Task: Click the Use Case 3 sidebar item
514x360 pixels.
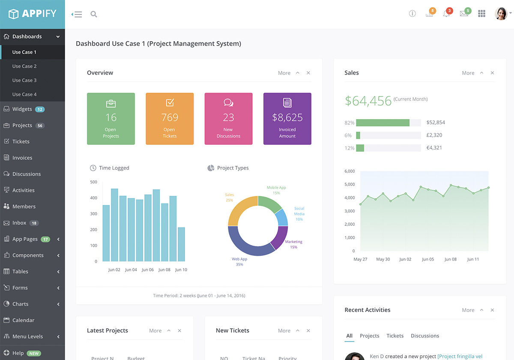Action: point(24,80)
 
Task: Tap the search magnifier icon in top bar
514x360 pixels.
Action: point(94,14)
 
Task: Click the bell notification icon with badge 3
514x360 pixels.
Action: point(446,14)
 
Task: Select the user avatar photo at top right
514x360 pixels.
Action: point(501,14)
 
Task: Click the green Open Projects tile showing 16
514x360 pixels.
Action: point(111,119)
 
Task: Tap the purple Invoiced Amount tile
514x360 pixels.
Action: point(287,119)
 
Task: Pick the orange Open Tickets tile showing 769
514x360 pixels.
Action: point(170,119)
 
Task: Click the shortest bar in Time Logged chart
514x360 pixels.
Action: point(182,244)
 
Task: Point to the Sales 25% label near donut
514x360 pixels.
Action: point(229,198)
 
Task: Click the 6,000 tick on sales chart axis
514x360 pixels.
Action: point(350,171)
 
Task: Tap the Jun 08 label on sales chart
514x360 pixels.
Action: point(451,259)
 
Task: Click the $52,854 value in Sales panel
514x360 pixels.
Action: point(436,123)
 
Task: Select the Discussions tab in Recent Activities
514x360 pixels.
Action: point(424,336)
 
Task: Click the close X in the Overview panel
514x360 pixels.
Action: point(308,73)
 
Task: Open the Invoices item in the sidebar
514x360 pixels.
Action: point(22,158)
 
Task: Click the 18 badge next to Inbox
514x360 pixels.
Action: point(34,223)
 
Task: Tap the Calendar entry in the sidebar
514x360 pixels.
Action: point(23,320)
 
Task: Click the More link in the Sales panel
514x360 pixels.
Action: point(468,73)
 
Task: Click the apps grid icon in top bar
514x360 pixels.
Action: point(481,14)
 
